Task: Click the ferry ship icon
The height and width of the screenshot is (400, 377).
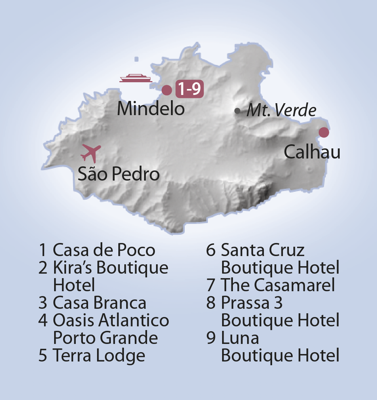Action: tap(136, 78)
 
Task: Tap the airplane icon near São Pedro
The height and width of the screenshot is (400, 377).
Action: tap(91, 153)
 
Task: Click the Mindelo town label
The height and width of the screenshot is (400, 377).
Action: tap(151, 109)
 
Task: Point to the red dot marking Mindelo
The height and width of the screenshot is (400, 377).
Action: tap(167, 90)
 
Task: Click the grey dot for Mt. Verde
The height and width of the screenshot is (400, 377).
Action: tap(237, 111)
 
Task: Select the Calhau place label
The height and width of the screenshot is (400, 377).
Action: tap(312, 153)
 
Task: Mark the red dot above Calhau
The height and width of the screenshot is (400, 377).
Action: tap(324, 132)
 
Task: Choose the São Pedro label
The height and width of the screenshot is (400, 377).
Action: tap(119, 175)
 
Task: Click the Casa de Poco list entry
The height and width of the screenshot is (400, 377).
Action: tap(104, 250)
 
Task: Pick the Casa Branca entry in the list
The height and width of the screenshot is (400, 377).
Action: tap(99, 303)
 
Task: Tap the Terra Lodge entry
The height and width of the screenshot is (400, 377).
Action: tap(99, 356)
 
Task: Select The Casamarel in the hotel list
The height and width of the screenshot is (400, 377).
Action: tap(278, 285)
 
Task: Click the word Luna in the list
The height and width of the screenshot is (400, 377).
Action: tap(240, 338)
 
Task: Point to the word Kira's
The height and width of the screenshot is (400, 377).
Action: tap(75, 268)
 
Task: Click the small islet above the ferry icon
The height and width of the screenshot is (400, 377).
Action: tap(136, 59)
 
